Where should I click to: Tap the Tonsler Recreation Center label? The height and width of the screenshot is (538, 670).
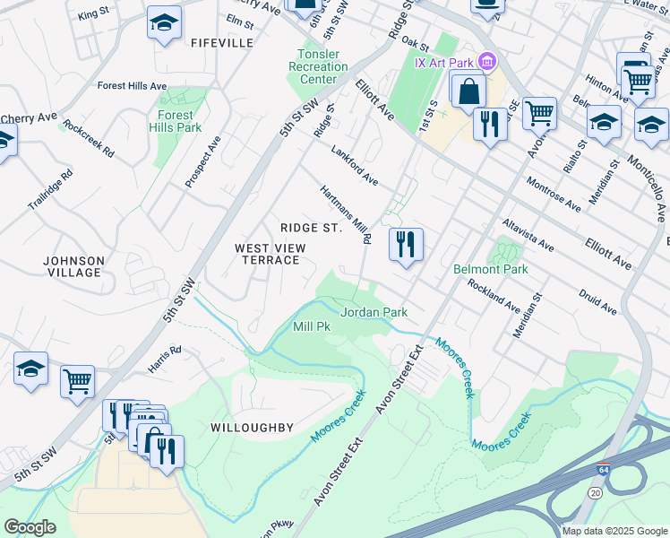pos(312,66)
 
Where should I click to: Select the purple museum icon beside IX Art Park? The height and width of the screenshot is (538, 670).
pos(487,61)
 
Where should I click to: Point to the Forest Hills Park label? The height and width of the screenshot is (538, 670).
pos(176,121)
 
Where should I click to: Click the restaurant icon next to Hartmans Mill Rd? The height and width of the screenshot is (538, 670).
pos(406,243)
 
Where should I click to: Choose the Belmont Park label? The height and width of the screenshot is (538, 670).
pos(491,268)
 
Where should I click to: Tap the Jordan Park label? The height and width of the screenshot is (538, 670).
pos(374,312)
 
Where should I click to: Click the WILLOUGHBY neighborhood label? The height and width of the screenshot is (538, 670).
pos(252,428)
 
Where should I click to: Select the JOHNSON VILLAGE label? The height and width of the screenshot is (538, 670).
pos(74,266)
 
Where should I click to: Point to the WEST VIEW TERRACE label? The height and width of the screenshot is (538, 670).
pos(267,254)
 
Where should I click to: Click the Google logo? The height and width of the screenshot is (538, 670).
pos(30,526)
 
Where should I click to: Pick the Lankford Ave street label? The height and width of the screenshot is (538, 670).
pos(355,166)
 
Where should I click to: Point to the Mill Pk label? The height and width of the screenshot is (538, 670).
pos(313,327)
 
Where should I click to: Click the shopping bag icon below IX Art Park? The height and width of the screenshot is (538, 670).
pos(468,91)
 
